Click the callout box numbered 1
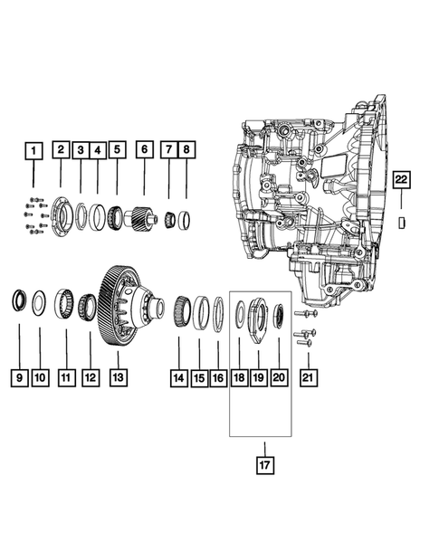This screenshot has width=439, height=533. pyautogui.click(x=33, y=150)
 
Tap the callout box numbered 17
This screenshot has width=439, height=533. pyautogui.click(x=263, y=467)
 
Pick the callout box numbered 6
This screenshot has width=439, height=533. pyautogui.click(x=142, y=150)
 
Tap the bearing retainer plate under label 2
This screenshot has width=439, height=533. pyautogui.click(x=62, y=218)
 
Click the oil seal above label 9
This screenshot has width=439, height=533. pyautogui.click(x=19, y=299)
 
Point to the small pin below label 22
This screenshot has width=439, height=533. pyautogui.click(x=403, y=222)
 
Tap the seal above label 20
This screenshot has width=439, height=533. pyautogui.click(x=278, y=317)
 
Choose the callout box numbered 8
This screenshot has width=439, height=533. pyautogui.click(x=186, y=150)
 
